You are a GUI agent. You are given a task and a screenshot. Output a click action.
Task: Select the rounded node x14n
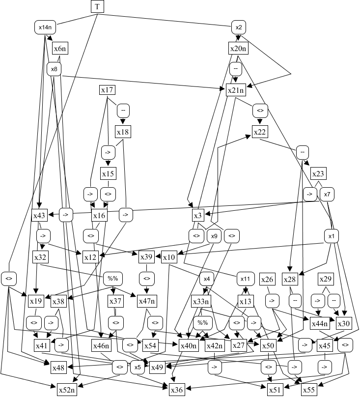click(x=43, y=26)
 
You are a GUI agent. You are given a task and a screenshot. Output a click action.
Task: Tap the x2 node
click(x=238, y=26)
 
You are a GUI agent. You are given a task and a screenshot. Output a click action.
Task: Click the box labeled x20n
click(x=239, y=48)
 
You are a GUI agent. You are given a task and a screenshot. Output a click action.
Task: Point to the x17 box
click(x=107, y=90)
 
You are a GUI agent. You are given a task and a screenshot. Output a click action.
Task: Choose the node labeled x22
click(x=260, y=131)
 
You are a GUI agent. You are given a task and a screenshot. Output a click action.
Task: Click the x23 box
click(x=318, y=173)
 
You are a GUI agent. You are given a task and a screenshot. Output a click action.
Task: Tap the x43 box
click(x=39, y=215)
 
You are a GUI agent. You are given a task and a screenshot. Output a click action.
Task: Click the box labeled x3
click(x=198, y=215)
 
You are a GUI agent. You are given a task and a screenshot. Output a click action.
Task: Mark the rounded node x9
click(x=214, y=236)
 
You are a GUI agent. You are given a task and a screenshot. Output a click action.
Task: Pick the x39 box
click(x=146, y=257)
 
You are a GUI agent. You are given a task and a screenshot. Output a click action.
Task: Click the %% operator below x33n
click(x=201, y=323)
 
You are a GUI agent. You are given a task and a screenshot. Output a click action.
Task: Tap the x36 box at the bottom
click(x=177, y=390)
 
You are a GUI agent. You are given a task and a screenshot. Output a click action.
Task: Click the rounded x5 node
click(x=137, y=366)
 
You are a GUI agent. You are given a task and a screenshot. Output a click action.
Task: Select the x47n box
click(x=146, y=300)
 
